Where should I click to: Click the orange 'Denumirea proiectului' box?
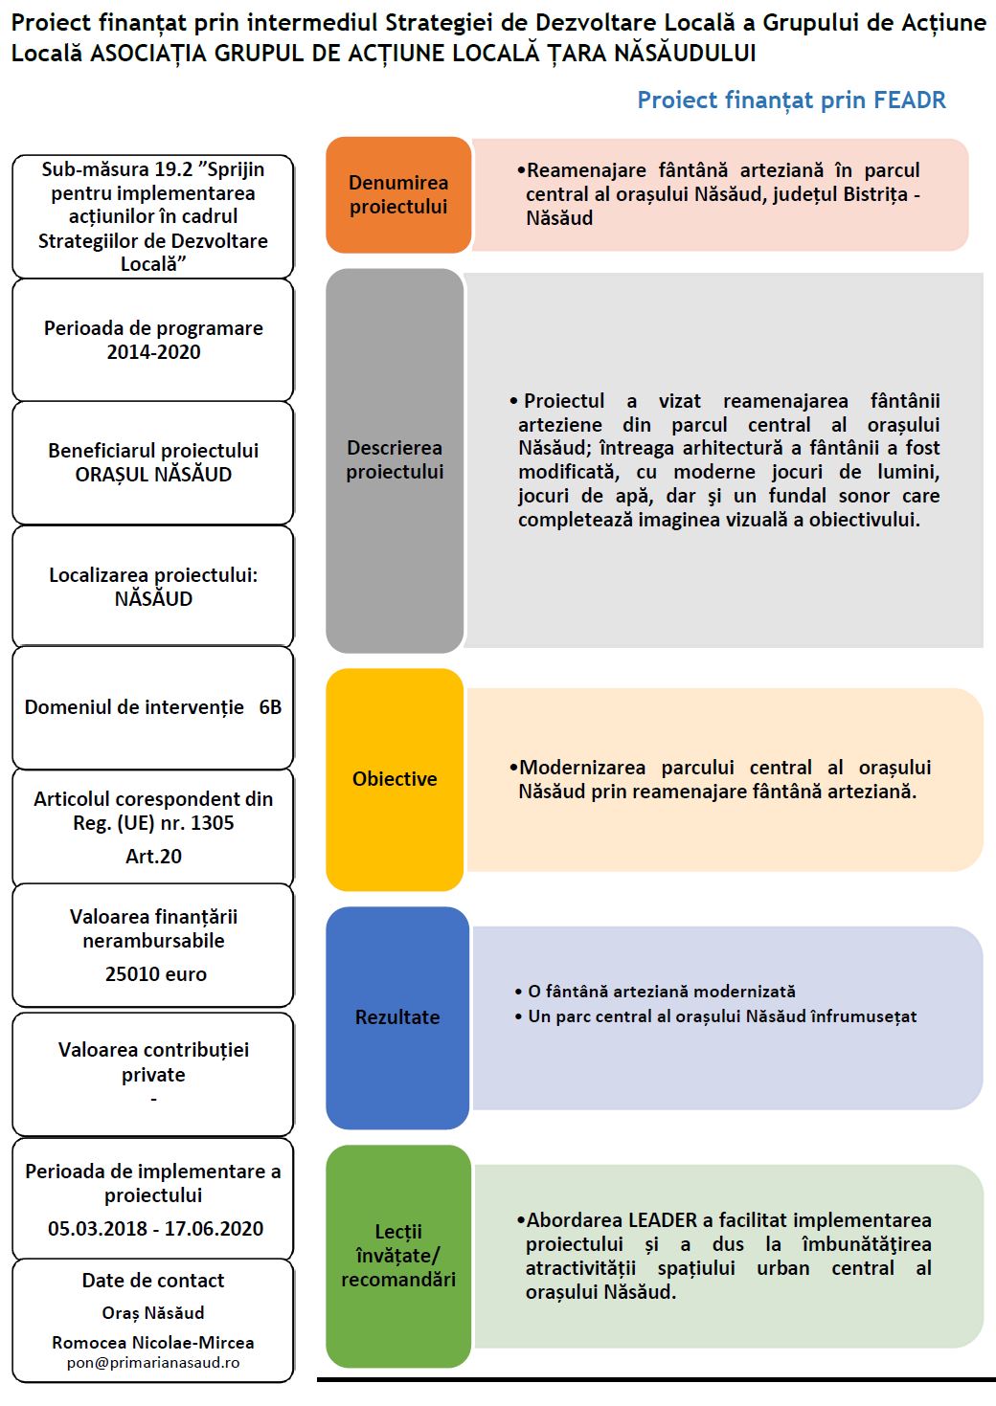(398, 194)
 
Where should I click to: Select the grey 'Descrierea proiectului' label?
(395, 459)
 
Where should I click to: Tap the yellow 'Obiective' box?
(395, 779)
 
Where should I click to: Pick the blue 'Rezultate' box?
(397, 1017)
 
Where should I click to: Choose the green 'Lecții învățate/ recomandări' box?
(398, 1255)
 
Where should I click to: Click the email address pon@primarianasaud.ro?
(153, 1363)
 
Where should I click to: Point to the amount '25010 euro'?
(155, 974)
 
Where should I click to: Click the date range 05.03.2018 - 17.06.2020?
(155, 1229)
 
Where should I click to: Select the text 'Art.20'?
(153, 857)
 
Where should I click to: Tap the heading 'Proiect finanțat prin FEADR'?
(791, 100)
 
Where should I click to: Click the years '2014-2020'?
(153, 352)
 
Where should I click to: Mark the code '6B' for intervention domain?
(270, 707)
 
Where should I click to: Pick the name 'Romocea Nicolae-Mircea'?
(153, 1343)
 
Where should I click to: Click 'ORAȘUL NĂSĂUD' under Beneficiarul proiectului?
(153, 475)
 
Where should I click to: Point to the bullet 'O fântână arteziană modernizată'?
(662, 992)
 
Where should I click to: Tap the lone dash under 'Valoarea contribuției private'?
(153, 1100)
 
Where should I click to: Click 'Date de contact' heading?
(153, 1281)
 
